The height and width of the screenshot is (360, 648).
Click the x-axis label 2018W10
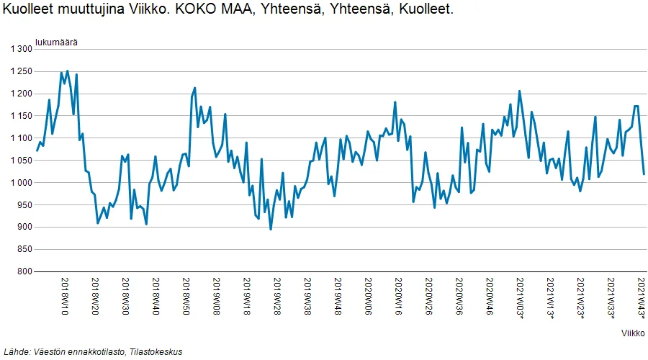coord(65,297)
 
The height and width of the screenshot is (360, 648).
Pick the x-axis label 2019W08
coord(217,297)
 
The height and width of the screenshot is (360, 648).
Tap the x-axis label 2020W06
coord(368,297)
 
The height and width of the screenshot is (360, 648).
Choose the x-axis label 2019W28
coord(277,297)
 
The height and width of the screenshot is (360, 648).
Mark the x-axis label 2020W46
coord(490,297)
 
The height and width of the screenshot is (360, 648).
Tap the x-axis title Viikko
coord(633,333)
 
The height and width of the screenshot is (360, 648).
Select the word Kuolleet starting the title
coord(27,9)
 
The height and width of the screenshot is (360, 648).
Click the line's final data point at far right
coord(644,174)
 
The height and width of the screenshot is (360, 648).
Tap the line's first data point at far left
coord(37,150)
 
